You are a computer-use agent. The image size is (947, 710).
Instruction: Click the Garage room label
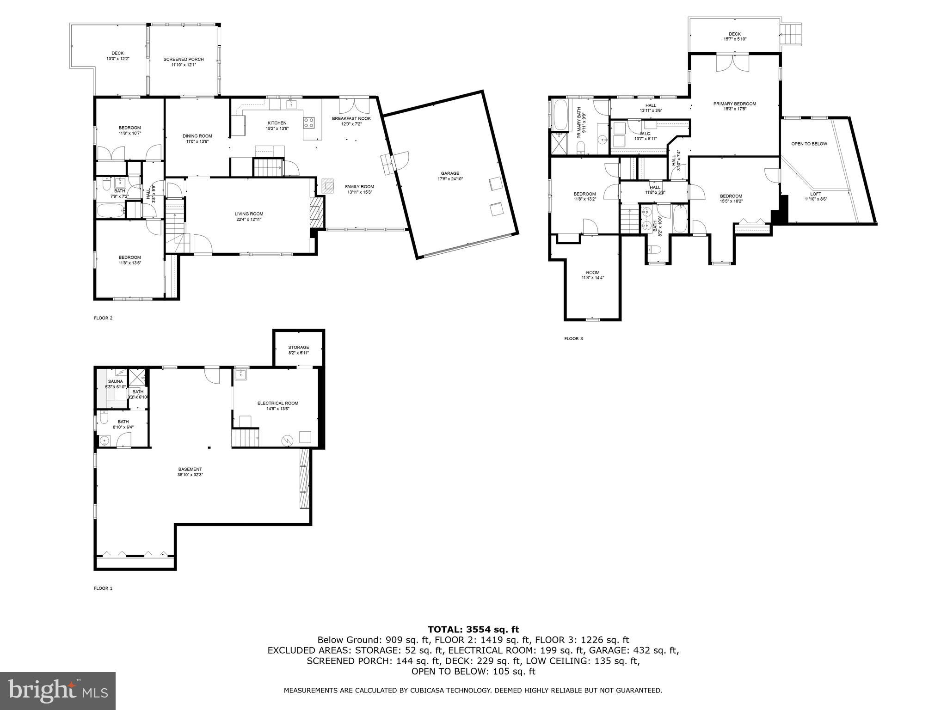[449, 173]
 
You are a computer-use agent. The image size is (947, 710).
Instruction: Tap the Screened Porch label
[184, 59]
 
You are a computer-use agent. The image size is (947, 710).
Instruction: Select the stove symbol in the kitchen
[309, 122]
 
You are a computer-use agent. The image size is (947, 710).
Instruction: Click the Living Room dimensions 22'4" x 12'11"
[249, 220]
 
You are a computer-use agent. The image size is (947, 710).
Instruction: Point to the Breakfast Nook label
[351, 118]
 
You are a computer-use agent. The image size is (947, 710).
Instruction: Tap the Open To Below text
[809, 144]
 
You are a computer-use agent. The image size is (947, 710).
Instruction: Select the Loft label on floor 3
[816, 194]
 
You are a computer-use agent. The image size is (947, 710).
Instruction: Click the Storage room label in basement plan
[298, 347]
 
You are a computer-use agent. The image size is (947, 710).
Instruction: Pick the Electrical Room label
[277, 403]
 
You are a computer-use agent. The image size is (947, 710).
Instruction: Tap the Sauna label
[115, 381]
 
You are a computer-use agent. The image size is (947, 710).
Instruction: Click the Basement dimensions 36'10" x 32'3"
[190, 475]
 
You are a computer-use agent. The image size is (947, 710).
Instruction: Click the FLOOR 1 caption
[103, 588]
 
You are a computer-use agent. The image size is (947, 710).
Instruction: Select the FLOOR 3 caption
[573, 338]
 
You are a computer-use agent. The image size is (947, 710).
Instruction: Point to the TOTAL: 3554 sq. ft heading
[473, 629]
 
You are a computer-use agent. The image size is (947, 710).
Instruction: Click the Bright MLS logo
[58, 691]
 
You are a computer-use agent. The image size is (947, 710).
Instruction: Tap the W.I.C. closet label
[645, 134]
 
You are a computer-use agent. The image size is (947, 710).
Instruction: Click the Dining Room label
[197, 136]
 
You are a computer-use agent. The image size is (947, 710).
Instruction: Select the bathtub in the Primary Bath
[560, 115]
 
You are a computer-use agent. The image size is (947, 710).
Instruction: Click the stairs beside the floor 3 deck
[790, 35]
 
